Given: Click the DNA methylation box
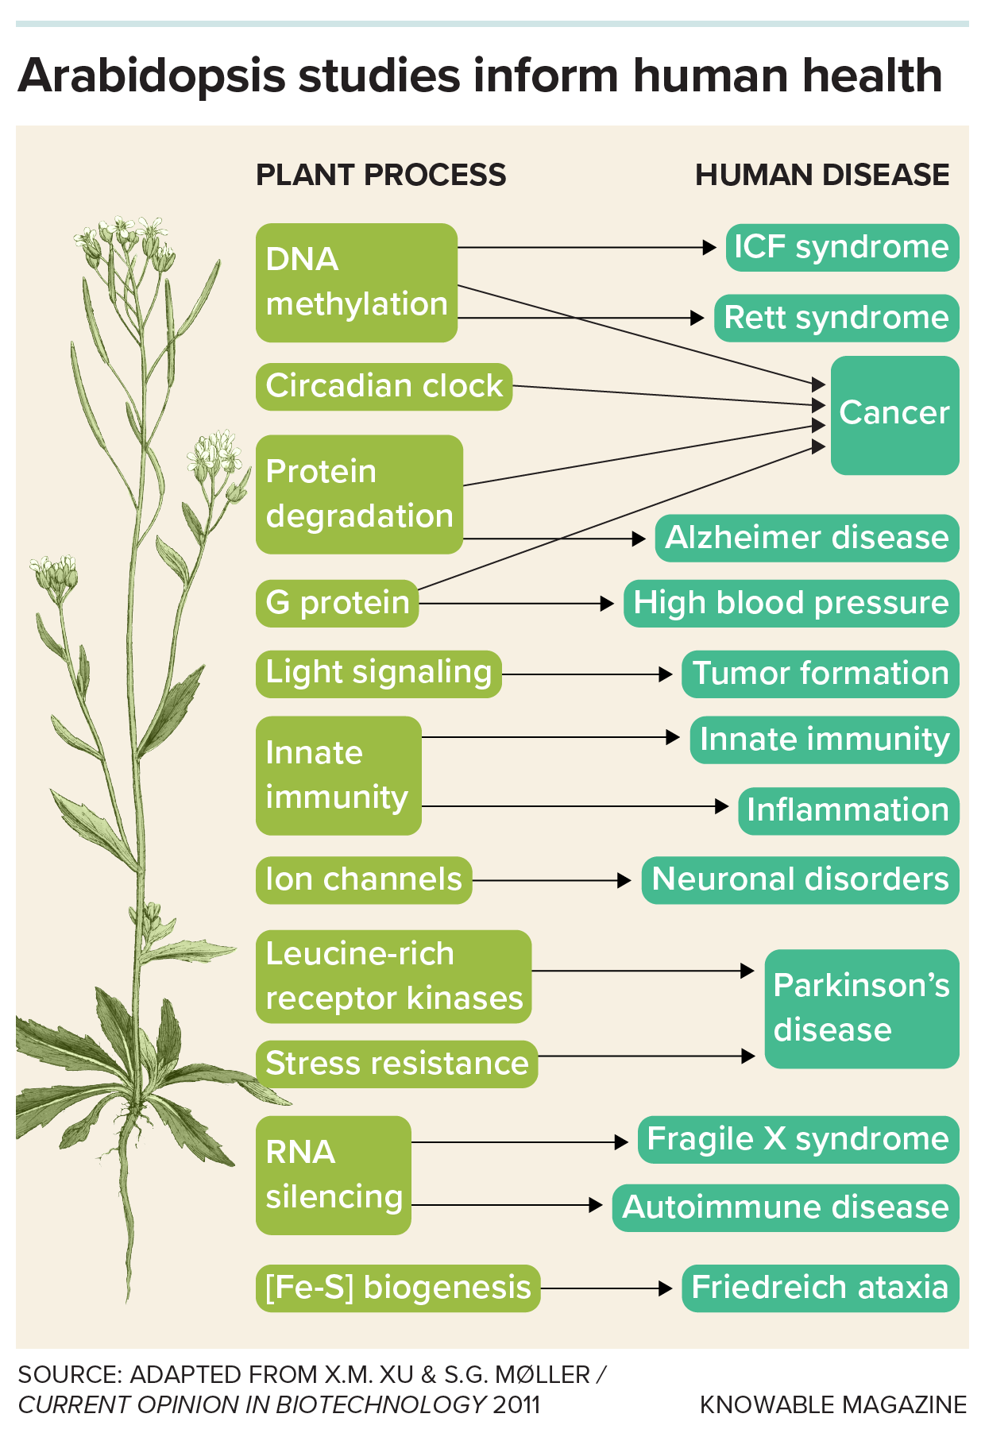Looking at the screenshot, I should pyautogui.click(x=356, y=283).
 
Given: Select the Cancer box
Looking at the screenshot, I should pyautogui.click(x=894, y=415).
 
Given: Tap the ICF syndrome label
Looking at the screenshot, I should pyautogui.click(x=842, y=247).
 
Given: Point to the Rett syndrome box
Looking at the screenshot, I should pyautogui.click(x=836, y=318).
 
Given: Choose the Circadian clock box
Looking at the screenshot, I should pyautogui.click(x=384, y=387).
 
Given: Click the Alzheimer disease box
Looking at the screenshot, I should pyautogui.click(x=806, y=538).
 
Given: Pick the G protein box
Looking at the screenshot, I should pyautogui.click(x=337, y=603).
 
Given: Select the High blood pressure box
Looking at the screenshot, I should pyautogui.click(x=791, y=603).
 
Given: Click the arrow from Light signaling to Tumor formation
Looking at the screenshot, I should pyautogui.click(x=588, y=674).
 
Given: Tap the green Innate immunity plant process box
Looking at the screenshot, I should pyautogui.click(x=338, y=775).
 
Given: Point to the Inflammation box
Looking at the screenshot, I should pyautogui.click(x=848, y=810).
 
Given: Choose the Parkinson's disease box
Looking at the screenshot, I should pyautogui.click(x=862, y=1008).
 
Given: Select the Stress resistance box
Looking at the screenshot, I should pyautogui.click(x=396, y=1064).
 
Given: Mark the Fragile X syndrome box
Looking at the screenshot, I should pyautogui.click(x=798, y=1139).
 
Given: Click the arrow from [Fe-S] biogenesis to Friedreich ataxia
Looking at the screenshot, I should pyautogui.click(x=607, y=1288).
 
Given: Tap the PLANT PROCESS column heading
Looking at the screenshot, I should pyautogui.click(x=380, y=175).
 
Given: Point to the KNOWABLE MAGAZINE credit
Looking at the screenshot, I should pyautogui.click(x=833, y=1404).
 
